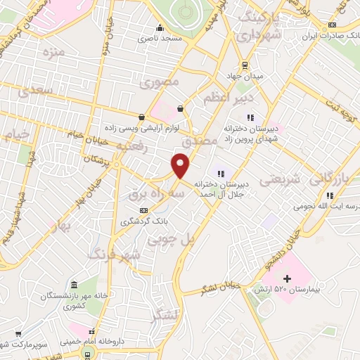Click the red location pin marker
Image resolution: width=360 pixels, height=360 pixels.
tap(182, 166)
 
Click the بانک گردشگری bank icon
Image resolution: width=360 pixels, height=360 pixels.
tap(144, 210)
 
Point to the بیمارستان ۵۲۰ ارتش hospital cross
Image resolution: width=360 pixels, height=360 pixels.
tap(287, 279)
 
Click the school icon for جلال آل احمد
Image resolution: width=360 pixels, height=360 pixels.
tap(221, 173)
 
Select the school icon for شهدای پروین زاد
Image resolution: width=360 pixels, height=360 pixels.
tap(250, 117)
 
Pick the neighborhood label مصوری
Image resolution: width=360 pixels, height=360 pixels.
tap(160, 82)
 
